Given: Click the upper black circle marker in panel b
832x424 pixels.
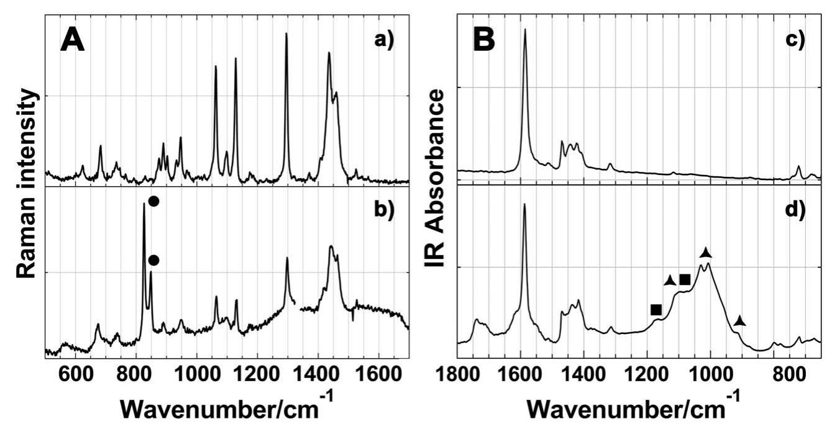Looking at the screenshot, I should pyautogui.click(x=153, y=201).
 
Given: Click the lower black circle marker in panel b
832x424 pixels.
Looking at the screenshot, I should pyautogui.click(x=153, y=261).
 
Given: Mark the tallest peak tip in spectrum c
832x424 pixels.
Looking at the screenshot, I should pyautogui.click(x=525, y=29).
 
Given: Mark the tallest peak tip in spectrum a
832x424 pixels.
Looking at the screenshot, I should pyautogui.click(x=286, y=34).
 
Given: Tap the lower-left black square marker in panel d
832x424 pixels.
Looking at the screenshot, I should pyautogui.click(x=656, y=309).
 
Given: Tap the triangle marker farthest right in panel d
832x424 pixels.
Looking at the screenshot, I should pyautogui.click(x=739, y=321).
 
